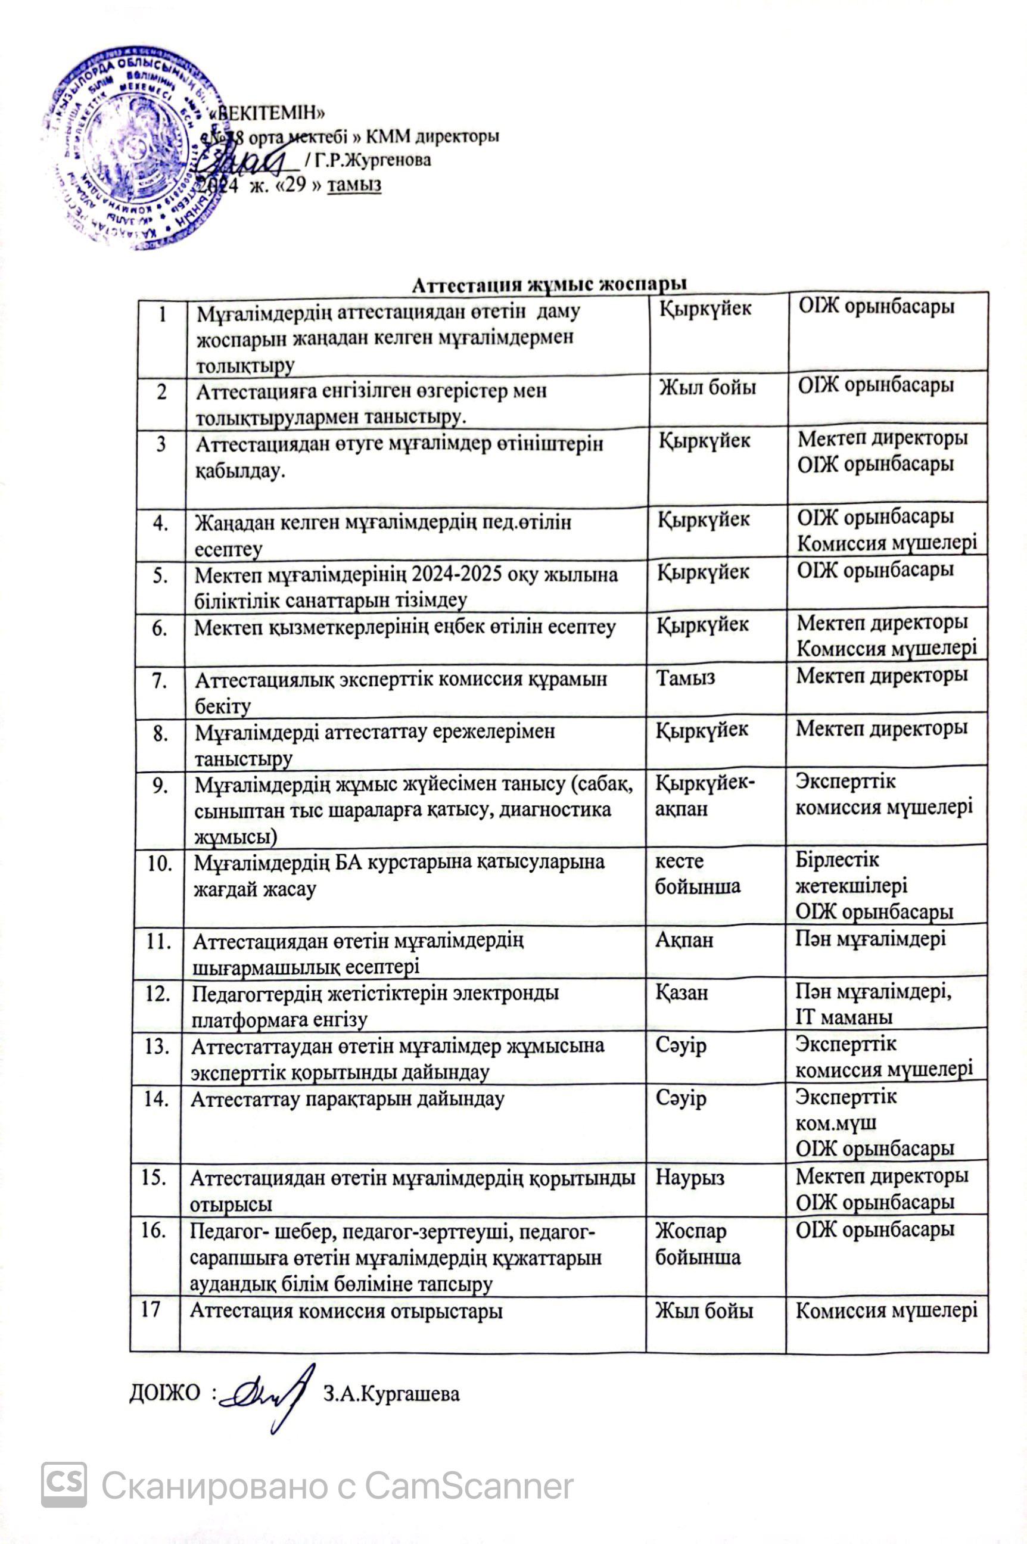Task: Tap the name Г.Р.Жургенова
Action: pyautogui.click(x=372, y=159)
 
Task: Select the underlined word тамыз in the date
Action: pyautogui.click(x=354, y=185)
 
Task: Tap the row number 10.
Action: pyautogui.click(x=160, y=863)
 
